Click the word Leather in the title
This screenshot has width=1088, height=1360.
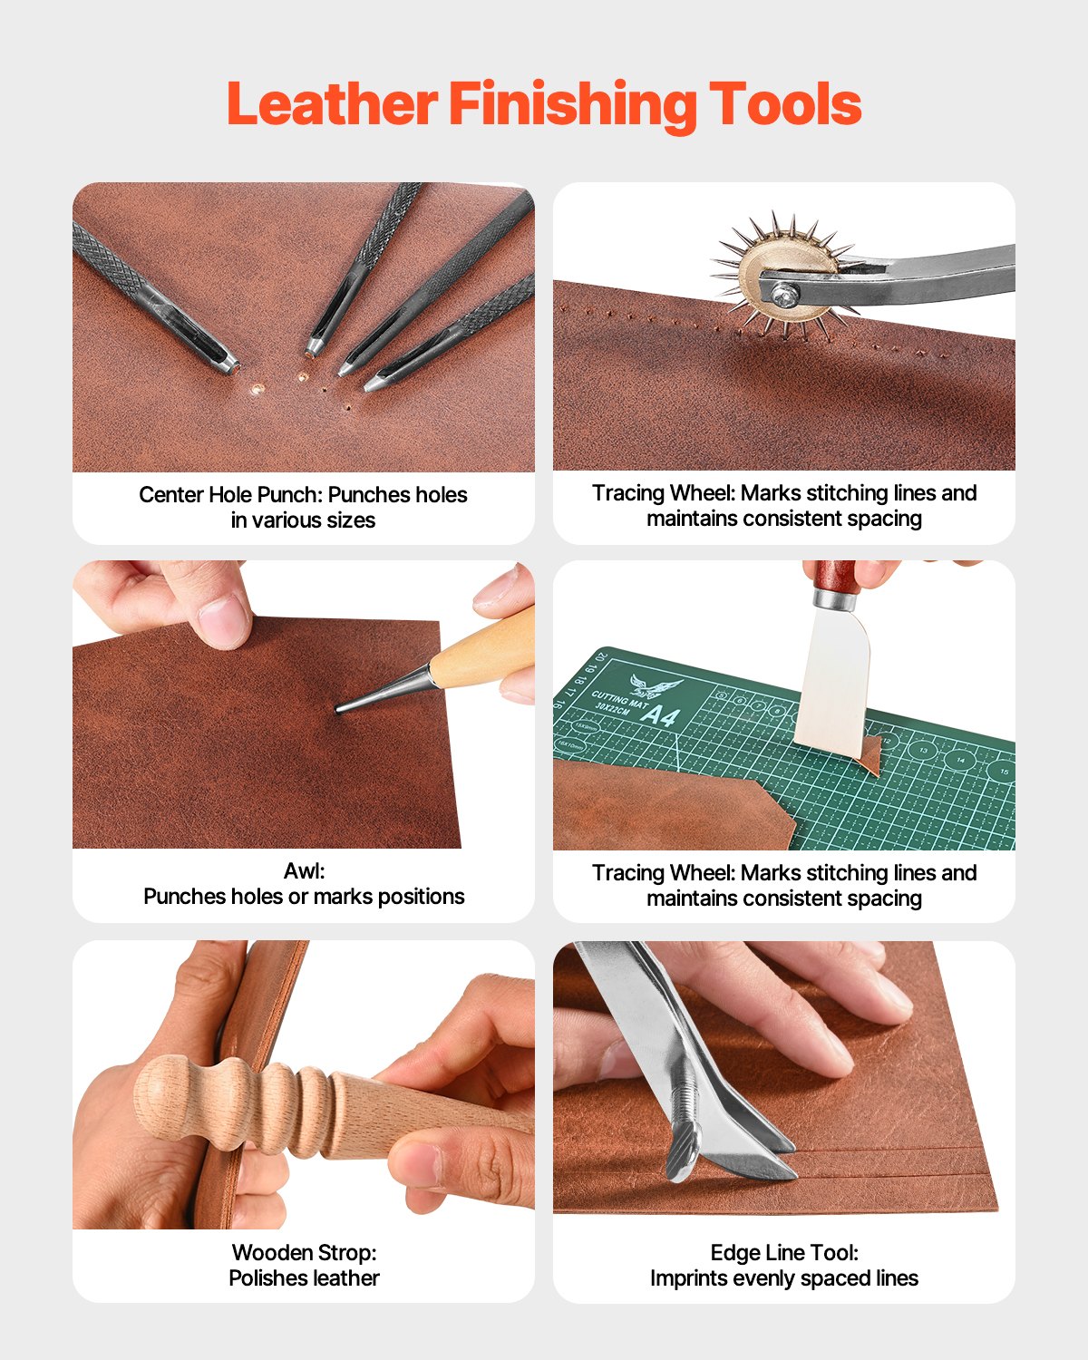pyautogui.click(x=332, y=104)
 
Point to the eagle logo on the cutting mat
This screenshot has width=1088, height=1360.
pyautogui.click(x=656, y=685)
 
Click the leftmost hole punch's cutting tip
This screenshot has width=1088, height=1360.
pyautogui.click(x=228, y=364)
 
